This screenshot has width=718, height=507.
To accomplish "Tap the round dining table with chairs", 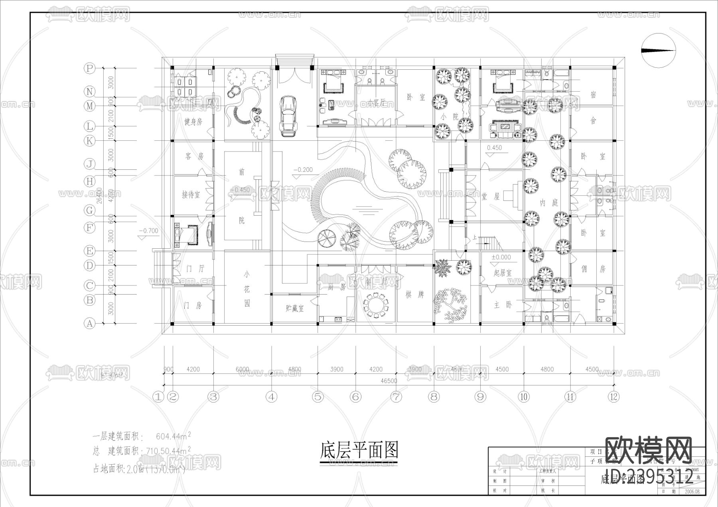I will click(375, 306).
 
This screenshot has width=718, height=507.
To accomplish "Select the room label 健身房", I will click(193, 122).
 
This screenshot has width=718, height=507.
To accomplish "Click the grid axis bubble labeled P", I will click(89, 68).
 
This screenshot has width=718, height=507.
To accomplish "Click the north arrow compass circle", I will click(658, 50).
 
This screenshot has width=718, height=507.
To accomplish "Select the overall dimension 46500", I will click(389, 381).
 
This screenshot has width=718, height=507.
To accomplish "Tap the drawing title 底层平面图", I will click(359, 450).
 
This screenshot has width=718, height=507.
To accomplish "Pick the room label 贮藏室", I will click(295, 308).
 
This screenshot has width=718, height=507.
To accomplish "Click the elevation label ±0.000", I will click(501, 257).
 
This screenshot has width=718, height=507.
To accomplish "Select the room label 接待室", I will click(191, 195).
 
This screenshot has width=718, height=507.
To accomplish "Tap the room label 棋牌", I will click(415, 295).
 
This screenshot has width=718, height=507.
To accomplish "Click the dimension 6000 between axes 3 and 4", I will click(242, 369).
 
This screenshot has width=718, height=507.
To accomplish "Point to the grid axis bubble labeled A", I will click(89, 323).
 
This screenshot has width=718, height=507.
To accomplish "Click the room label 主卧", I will click(502, 305).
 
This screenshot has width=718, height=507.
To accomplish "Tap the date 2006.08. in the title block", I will click(694, 491).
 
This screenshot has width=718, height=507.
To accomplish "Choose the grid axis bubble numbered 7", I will click(396, 396).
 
